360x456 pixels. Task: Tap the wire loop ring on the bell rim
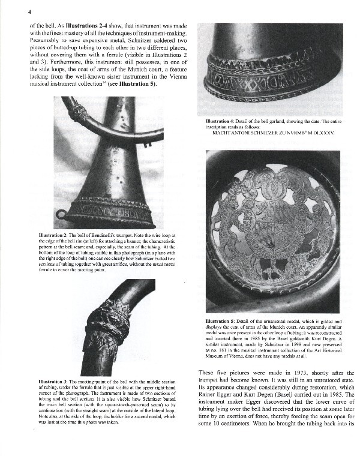click(59, 215)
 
